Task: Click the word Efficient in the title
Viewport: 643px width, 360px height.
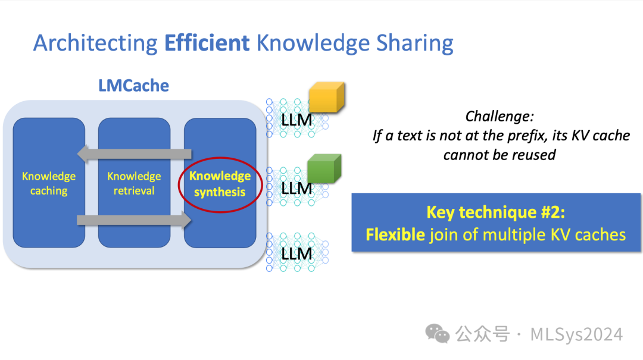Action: (206, 43)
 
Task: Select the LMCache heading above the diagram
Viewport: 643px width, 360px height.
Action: (133, 86)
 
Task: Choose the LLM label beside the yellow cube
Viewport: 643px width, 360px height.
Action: (296, 120)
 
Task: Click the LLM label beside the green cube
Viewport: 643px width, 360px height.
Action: (296, 189)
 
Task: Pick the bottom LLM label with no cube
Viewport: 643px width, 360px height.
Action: (296, 254)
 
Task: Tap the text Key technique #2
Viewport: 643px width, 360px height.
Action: (496, 212)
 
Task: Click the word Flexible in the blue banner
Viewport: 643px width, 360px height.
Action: (395, 234)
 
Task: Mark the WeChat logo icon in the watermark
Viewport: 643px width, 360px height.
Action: (441, 334)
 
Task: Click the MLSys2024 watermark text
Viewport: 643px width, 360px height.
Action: (576, 334)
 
